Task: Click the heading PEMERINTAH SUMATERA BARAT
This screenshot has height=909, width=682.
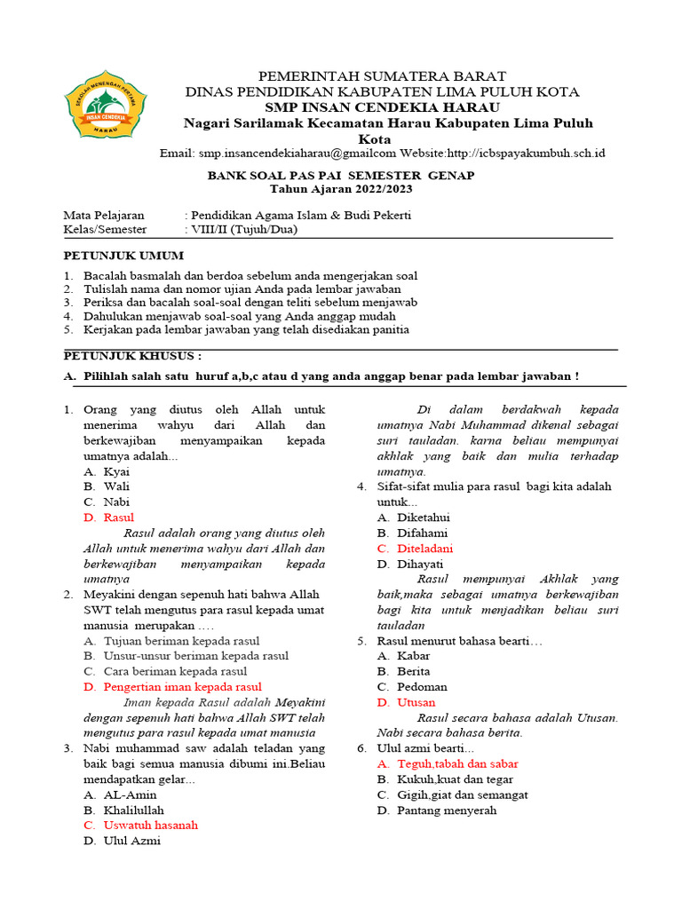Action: pyautogui.click(x=382, y=76)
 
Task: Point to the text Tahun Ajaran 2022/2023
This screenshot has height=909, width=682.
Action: pyautogui.click(x=341, y=190)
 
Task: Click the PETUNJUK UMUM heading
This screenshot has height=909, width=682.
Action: pyautogui.click(x=123, y=256)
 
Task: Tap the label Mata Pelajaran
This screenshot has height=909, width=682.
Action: pyautogui.click(x=107, y=216)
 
